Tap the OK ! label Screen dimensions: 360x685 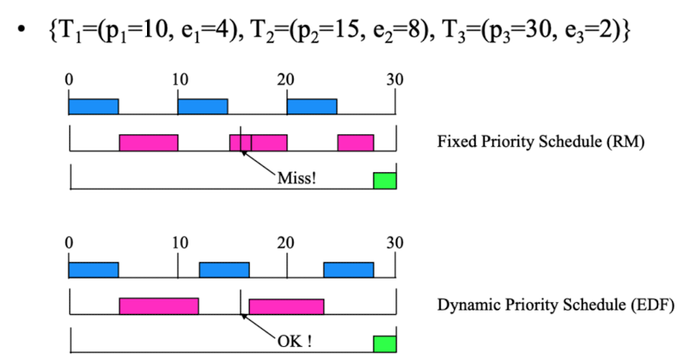(293, 339)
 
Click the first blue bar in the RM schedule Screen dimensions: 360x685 (93, 106)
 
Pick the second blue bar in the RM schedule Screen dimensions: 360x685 (202, 106)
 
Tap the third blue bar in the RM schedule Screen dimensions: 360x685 (311, 106)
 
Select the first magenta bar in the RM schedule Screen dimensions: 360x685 (148, 143)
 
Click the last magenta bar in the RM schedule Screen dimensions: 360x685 (355, 143)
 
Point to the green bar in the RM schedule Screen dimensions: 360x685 (384, 180)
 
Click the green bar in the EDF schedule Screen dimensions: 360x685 (384, 343)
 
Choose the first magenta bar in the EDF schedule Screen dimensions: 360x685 (159, 305)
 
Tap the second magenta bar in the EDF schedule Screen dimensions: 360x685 (286, 305)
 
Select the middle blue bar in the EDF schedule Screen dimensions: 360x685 (224, 269)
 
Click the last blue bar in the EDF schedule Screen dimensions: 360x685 (349, 269)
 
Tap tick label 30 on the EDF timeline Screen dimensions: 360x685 (395, 242)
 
